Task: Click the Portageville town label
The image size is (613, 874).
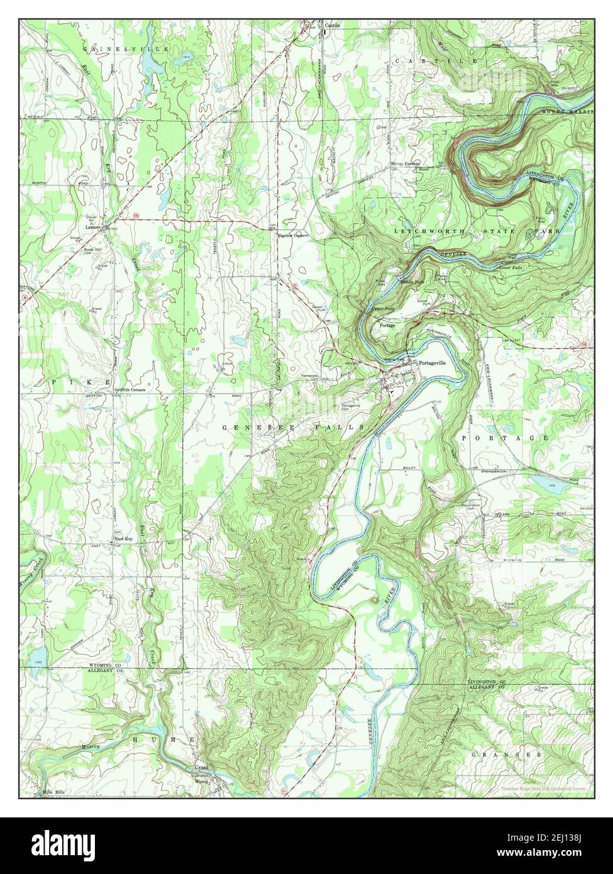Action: pyautogui.click(x=432, y=363)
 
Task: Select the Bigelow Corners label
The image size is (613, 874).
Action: pyautogui.click(x=291, y=235)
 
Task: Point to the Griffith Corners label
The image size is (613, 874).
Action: pyautogui.click(x=130, y=390)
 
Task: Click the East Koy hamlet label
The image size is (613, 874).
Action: pyautogui.click(x=123, y=539)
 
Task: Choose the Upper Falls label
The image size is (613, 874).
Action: pyautogui.click(x=383, y=310)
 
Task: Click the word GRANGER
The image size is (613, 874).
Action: pyautogui.click(x=509, y=753)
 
